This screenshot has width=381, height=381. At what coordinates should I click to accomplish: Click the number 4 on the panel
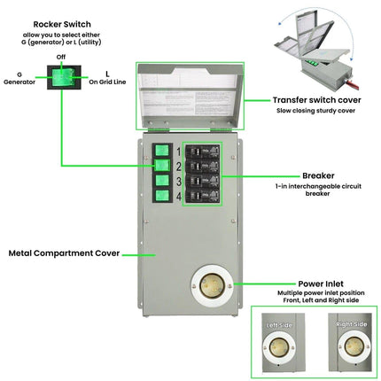click(x=177, y=199)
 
